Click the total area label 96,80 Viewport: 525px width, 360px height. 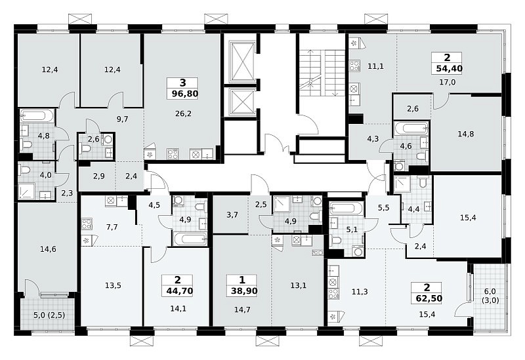click(x=185, y=93)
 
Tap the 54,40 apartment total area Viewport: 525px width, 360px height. click(x=450, y=69)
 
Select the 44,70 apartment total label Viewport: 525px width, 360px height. click(x=180, y=291)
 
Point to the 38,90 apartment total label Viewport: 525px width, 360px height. click(x=244, y=291)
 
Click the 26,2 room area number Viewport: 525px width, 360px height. click(x=183, y=113)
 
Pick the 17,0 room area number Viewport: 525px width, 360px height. click(x=448, y=83)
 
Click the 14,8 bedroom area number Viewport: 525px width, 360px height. click(x=466, y=134)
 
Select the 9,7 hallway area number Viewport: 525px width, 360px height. click(x=123, y=119)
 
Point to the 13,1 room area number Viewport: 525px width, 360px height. click(x=299, y=286)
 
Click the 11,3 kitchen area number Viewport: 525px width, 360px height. click(x=360, y=292)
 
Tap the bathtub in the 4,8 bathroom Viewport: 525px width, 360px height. click(x=37, y=115)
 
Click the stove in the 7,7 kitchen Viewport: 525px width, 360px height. click(x=87, y=224)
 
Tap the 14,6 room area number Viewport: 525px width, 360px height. click(x=48, y=249)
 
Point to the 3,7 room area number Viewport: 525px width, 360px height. click(x=232, y=215)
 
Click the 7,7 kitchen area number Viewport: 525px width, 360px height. click(x=112, y=228)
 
